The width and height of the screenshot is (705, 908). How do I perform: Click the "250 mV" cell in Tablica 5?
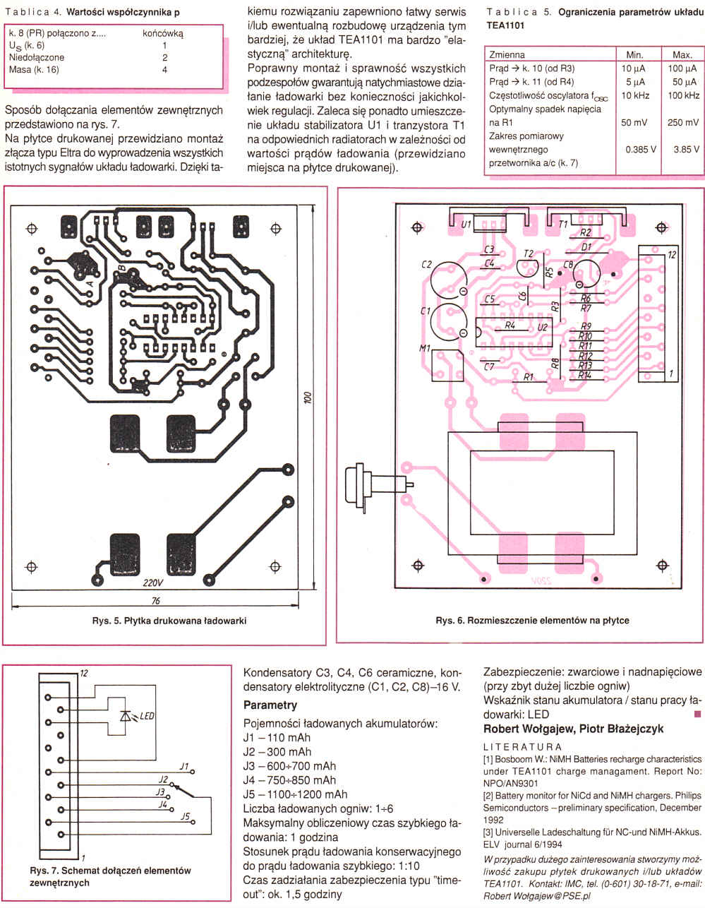(x=682, y=122)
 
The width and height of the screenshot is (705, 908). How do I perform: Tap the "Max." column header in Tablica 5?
(x=682, y=54)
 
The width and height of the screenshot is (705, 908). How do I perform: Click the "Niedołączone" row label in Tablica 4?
(x=37, y=57)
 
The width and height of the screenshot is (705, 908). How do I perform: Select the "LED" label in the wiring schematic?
(x=147, y=715)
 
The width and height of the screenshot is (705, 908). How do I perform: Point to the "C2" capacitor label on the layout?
(x=426, y=265)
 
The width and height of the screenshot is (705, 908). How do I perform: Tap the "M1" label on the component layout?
(x=424, y=349)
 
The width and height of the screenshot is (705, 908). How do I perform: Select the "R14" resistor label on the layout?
(x=584, y=375)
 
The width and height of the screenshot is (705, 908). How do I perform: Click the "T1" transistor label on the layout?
(x=563, y=224)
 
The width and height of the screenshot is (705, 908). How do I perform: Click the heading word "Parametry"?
(x=270, y=705)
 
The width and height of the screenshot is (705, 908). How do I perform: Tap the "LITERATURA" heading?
(x=522, y=746)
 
